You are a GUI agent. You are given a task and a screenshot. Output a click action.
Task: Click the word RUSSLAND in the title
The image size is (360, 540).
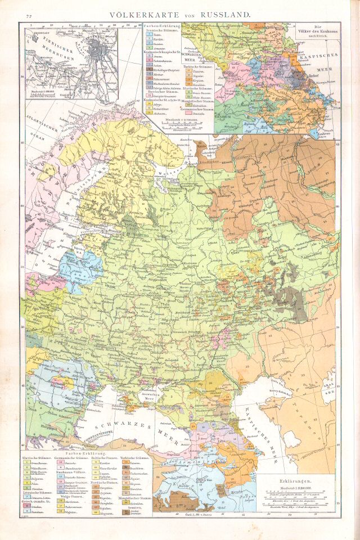pos(221,12)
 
